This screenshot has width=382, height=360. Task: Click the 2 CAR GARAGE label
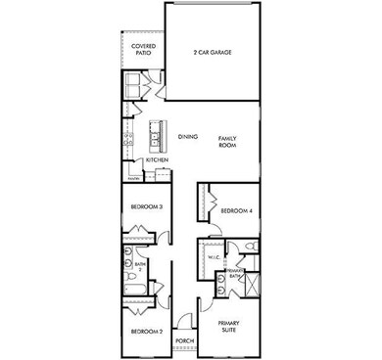214,51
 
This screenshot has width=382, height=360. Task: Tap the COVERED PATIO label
143,49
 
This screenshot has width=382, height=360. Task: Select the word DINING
189,137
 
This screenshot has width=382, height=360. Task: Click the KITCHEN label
158,159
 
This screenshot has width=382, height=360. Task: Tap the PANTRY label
134,177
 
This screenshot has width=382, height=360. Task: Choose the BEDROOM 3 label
146,206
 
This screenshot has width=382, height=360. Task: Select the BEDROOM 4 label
236,211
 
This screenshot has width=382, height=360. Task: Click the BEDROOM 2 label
146,332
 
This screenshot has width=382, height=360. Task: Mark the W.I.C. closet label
214,257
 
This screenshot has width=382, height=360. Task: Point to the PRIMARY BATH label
235,273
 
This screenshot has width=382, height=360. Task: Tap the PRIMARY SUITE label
229,326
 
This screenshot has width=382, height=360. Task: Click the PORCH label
184,341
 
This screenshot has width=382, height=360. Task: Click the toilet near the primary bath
251,246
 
